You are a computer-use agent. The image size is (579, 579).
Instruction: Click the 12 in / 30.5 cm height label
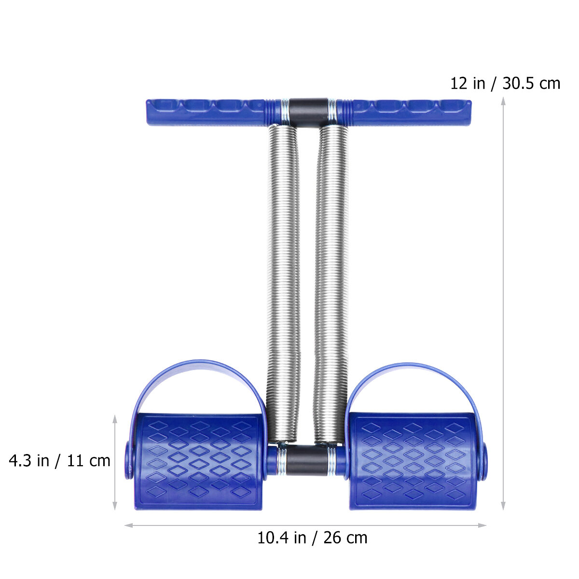(x=505, y=83)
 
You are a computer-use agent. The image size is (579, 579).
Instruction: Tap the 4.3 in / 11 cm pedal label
(x=59, y=461)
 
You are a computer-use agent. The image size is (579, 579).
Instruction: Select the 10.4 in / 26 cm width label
(x=312, y=538)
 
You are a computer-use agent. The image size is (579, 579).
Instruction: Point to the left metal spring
(x=283, y=284)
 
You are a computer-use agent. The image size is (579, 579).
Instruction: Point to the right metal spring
(x=331, y=284)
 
